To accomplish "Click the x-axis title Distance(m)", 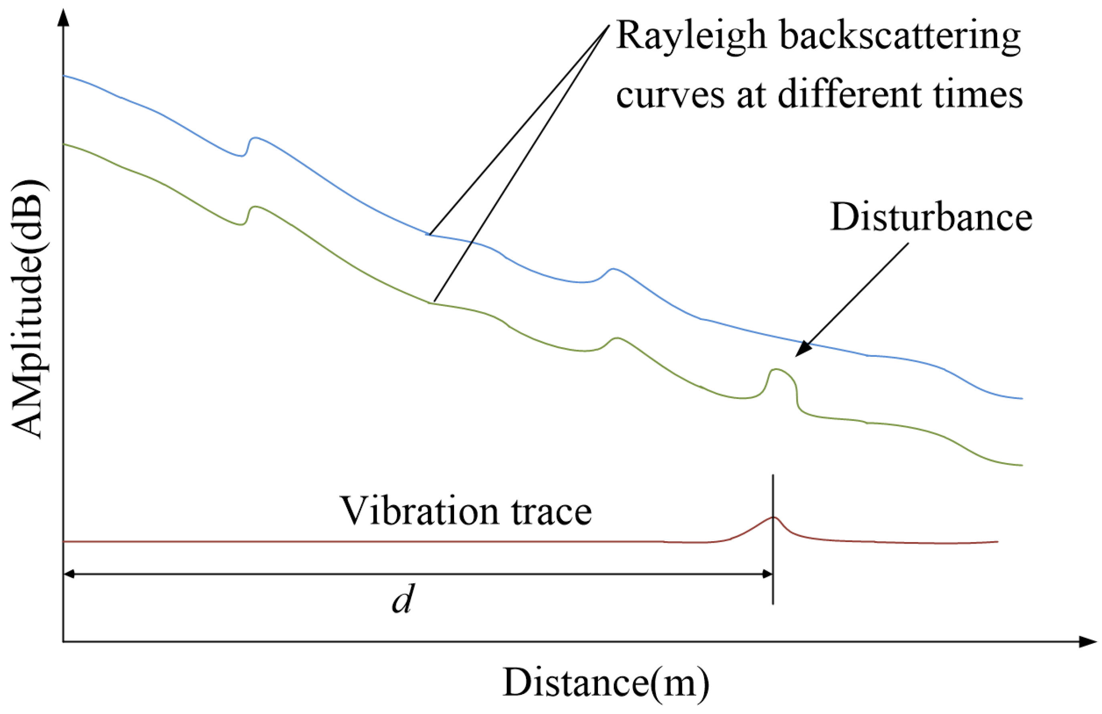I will (605, 683).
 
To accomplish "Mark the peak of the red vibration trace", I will (773, 517).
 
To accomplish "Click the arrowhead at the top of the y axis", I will (63, 16).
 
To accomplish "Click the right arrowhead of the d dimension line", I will (767, 574).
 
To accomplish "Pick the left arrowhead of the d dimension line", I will (69, 574).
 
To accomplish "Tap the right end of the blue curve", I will (1021, 398).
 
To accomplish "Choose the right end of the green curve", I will (1021, 465).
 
